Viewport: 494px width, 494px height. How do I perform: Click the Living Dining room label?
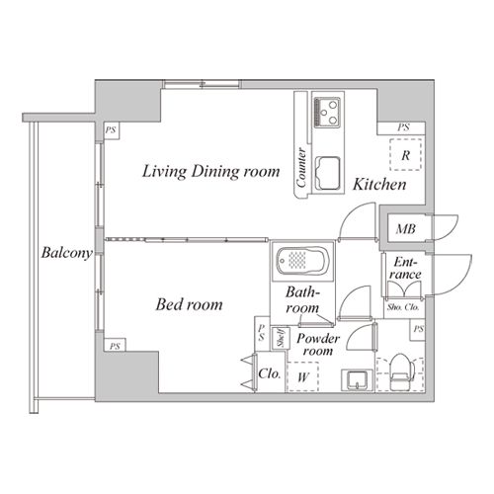tap(210, 172)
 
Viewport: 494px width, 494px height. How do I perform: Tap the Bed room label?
tap(189, 304)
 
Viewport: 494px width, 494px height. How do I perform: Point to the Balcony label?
tap(66, 253)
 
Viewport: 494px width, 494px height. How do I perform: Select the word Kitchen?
tap(379, 184)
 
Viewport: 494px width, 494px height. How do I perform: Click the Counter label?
tap(301, 168)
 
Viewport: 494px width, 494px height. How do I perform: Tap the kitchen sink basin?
tap(328, 174)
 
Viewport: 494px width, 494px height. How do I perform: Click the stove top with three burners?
tap(327, 113)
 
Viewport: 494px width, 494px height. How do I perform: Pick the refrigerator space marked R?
tap(405, 155)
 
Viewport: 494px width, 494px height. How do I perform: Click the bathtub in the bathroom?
tap(302, 261)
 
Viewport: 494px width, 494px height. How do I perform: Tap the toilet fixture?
tap(401, 372)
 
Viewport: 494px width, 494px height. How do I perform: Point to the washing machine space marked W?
tap(303, 376)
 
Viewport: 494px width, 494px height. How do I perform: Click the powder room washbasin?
tap(358, 380)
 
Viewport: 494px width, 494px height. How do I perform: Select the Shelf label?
tap(281, 338)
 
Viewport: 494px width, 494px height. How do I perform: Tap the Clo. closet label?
tap(270, 373)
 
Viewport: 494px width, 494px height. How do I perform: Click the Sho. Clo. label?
tap(403, 307)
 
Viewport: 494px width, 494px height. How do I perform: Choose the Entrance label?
tap(405, 268)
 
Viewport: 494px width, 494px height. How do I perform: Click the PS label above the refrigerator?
tap(403, 127)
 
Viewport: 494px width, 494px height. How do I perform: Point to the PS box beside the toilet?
tap(418, 330)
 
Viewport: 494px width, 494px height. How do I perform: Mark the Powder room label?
tap(318, 345)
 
